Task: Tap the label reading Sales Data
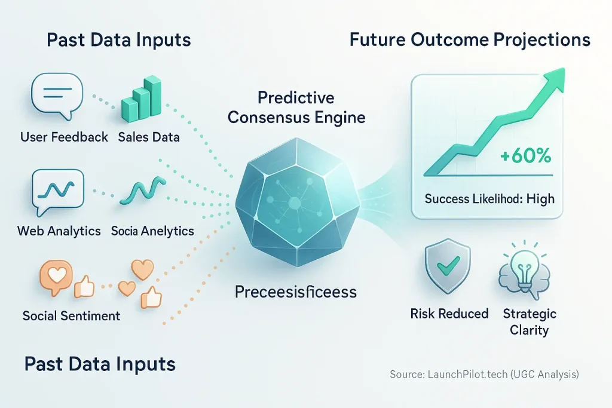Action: click(x=149, y=137)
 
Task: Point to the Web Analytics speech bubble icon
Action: click(x=53, y=190)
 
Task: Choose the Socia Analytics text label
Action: click(x=152, y=231)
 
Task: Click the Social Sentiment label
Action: click(x=71, y=315)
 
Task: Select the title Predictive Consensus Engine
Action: click(x=296, y=107)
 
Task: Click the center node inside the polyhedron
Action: click(x=294, y=204)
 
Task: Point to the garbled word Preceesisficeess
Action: click(x=295, y=292)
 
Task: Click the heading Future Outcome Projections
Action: click(x=470, y=40)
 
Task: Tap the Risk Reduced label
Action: click(x=449, y=314)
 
